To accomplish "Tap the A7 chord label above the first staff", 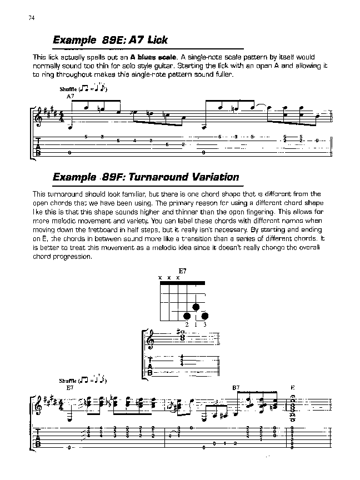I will click(x=70, y=96).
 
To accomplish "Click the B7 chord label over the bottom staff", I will click(x=236, y=387).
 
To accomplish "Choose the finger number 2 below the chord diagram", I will click(x=187, y=324).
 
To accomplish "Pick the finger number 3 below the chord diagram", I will click(x=204, y=324).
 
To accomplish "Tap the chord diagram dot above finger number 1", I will click(x=196, y=307).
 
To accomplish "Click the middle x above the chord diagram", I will click(x=169, y=277).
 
